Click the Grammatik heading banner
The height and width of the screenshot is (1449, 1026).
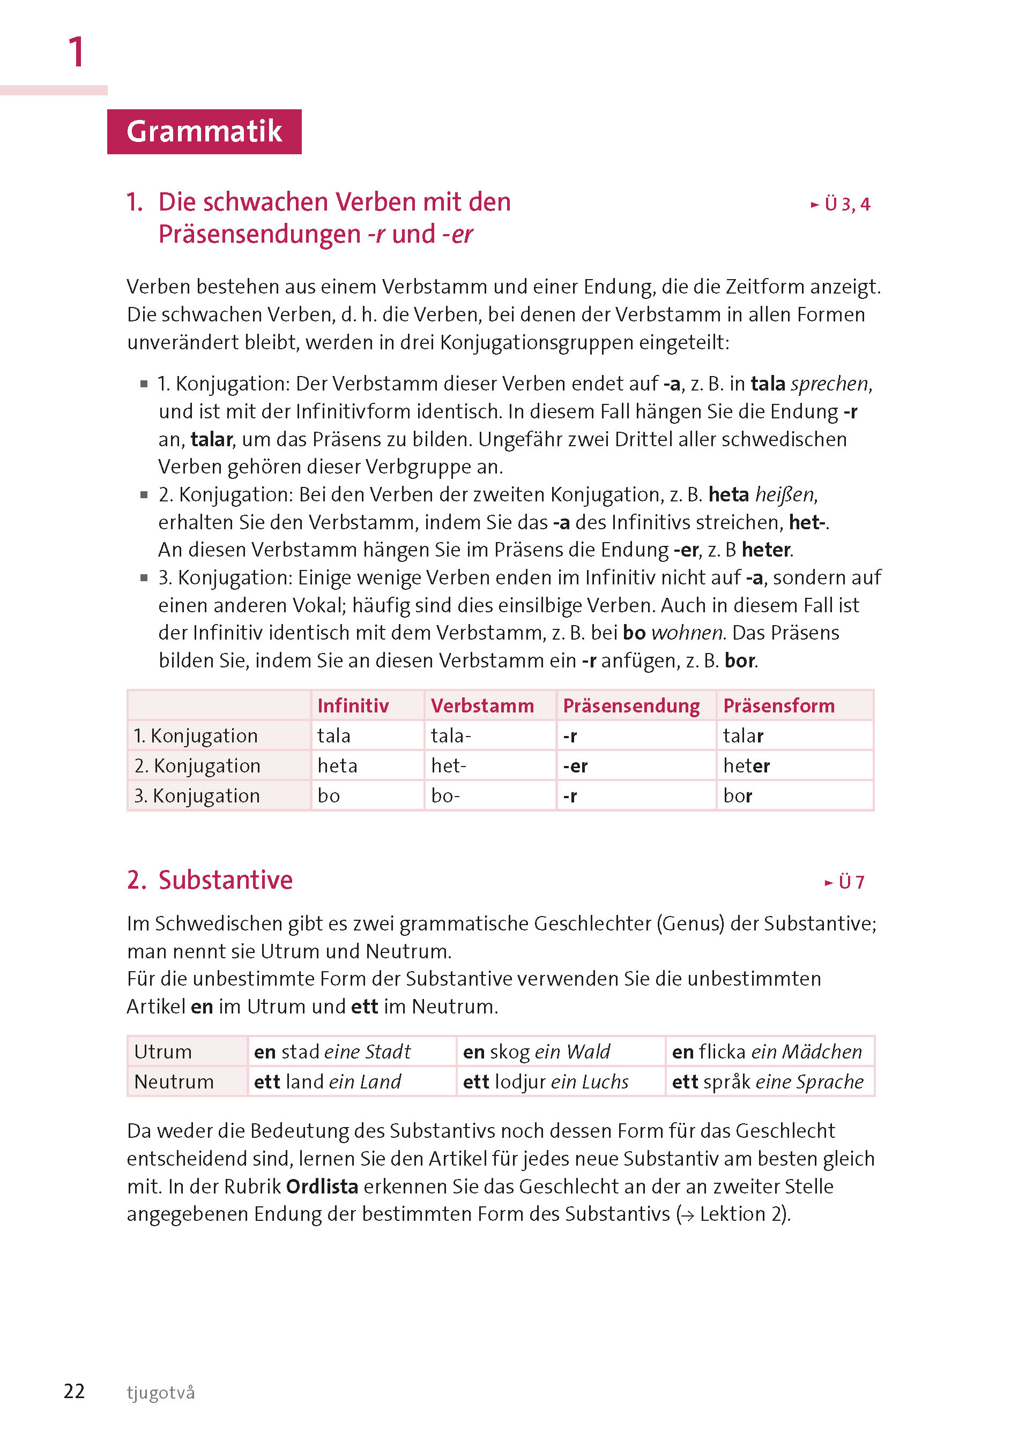[x=204, y=131]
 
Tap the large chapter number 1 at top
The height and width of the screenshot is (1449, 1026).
[x=76, y=52]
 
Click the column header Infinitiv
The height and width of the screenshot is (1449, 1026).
[x=353, y=705]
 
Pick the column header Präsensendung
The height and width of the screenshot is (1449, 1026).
[x=630, y=705]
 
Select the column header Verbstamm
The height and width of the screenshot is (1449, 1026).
[x=482, y=705]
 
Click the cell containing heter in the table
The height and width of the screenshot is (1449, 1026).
[x=746, y=766]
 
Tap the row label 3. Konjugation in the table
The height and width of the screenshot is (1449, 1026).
[x=197, y=795]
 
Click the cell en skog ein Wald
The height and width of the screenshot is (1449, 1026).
[x=537, y=1052]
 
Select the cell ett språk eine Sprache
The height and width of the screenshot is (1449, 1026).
[x=767, y=1082]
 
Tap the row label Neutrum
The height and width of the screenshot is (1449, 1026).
[x=174, y=1082]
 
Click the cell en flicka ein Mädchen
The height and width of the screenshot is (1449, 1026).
[x=767, y=1052]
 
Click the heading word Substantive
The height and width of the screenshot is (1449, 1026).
[x=225, y=880]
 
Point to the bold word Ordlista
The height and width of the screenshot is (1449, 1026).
[x=322, y=1187]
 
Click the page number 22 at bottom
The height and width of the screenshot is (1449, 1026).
[x=74, y=1392]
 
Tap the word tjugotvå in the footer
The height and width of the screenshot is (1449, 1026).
[x=160, y=1393]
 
